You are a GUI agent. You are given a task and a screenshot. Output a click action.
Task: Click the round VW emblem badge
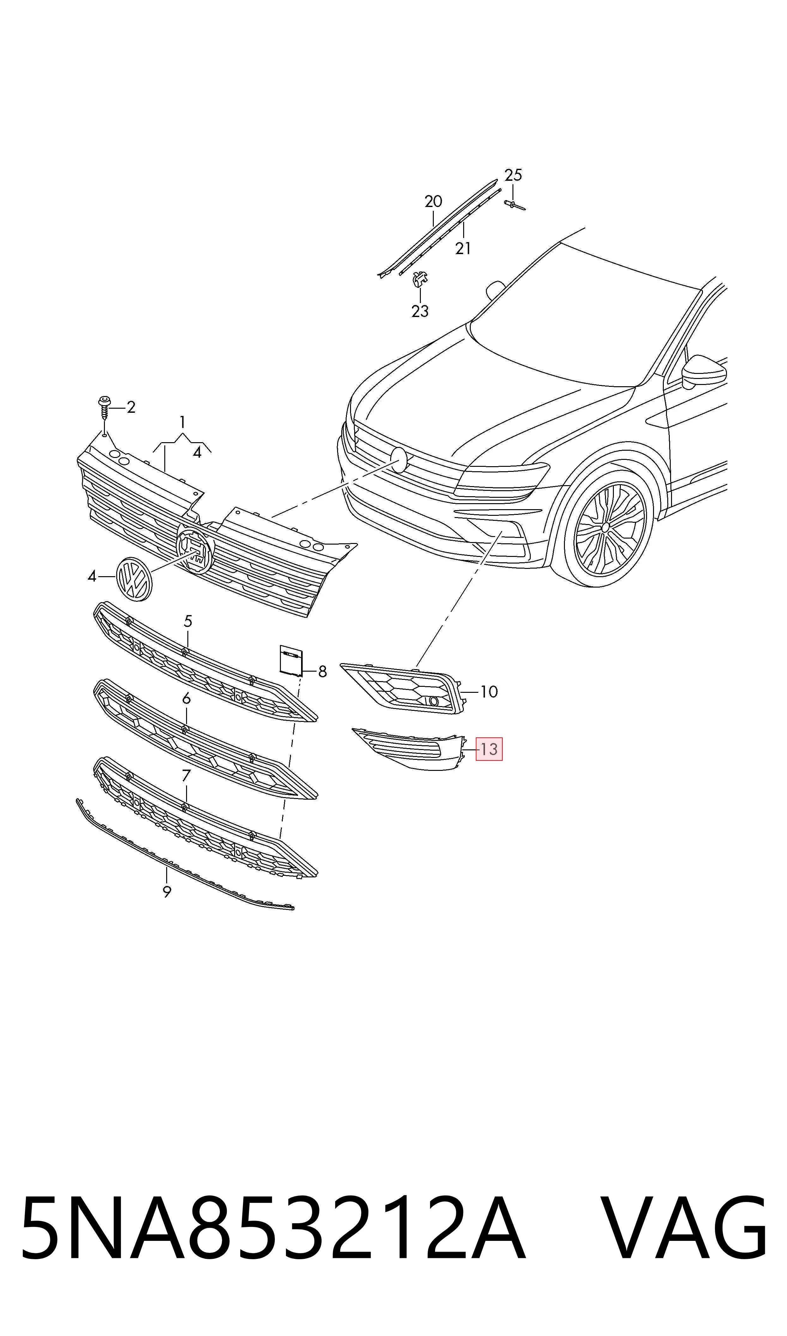point(134,579)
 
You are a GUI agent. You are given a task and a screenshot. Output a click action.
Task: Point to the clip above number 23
point(420,278)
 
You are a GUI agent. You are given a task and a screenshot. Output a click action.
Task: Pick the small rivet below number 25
point(514,205)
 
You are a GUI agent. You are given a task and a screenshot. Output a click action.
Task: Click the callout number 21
point(463,248)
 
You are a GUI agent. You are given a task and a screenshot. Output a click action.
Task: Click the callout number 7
point(186,776)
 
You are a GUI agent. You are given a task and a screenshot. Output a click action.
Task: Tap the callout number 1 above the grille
point(182,422)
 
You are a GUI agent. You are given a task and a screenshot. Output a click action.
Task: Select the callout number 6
point(186,699)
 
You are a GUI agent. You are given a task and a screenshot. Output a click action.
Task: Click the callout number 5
point(188,621)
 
